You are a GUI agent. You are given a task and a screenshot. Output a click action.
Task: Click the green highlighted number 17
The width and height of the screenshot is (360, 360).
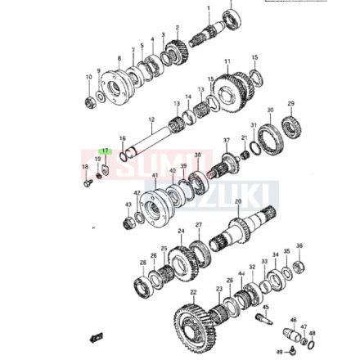click(x=105, y=151)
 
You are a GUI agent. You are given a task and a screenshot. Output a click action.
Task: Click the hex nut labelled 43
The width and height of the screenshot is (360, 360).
click(x=127, y=221)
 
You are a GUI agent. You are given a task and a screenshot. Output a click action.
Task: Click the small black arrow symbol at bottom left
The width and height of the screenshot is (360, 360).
click(x=96, y=337)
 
